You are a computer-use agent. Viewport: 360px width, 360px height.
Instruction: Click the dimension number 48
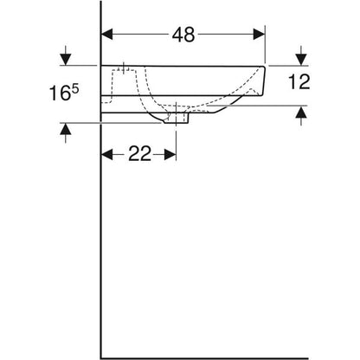pos(183,35)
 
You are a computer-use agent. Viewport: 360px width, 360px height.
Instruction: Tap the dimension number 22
pos(140,153)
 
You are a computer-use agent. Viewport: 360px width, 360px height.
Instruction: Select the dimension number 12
pos(299,81)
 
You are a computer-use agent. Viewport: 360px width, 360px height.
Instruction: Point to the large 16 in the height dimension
pos(60,93)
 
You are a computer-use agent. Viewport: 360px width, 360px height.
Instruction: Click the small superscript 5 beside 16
pos(74,88)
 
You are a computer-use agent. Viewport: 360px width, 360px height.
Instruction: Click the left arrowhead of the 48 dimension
pos(106,35)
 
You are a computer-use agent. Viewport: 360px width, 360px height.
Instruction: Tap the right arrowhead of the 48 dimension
pos(259,35)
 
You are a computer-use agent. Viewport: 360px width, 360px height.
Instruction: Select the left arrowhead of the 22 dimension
pos(106,154)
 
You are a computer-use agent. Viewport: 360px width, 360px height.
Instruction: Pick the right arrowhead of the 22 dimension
pos(170,154)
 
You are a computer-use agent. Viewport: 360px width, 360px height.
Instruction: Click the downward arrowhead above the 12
pos(301,60)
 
